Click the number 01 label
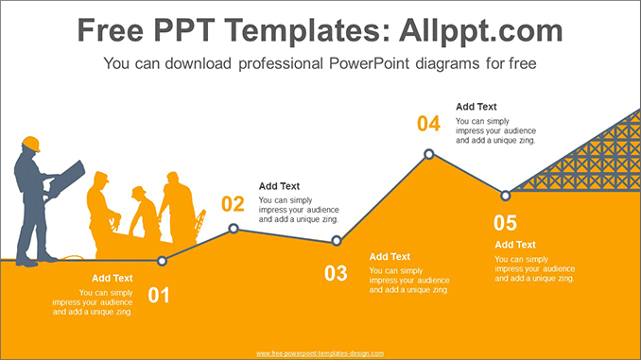point(159,296)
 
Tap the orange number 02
point(233,203)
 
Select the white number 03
point(336,274)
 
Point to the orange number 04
point(428,124)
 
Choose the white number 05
point(505,223)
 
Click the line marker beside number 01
point(163,261)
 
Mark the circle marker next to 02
point(234,229)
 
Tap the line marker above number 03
point(336,242)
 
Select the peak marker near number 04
point(429,153)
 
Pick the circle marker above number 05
point(506,196)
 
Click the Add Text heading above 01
point(113,278)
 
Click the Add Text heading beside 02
point(279,186)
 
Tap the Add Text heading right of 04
point(476,107)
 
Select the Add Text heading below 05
point(515,245)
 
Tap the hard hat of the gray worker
point(31,143)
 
